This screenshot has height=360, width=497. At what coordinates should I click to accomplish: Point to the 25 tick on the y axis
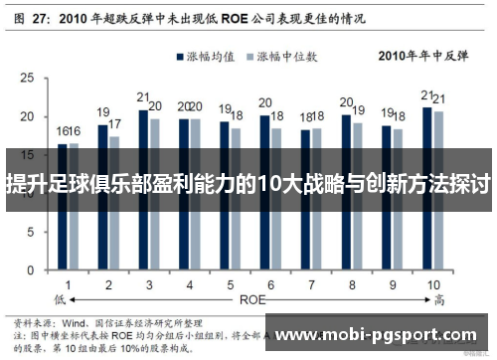click(33, 78)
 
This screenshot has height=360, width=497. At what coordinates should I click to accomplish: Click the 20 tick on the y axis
click(33, 117)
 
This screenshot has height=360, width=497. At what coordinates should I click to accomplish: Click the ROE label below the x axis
click(250, 297)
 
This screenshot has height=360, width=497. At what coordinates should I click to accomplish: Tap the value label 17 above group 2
click(115, 124)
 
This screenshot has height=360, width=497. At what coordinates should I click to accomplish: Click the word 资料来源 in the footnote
click(31, 323)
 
